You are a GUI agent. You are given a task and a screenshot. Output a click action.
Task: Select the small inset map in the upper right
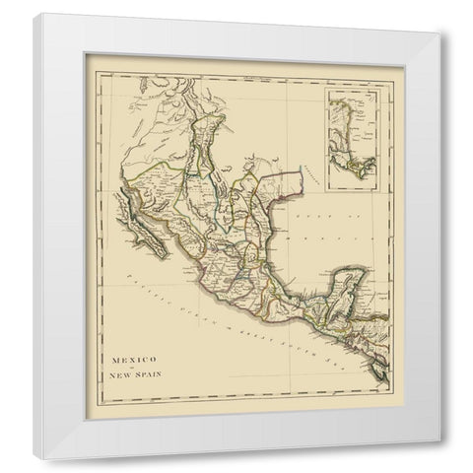coord(354,126)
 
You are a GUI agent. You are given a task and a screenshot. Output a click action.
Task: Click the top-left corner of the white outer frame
coord(36,16)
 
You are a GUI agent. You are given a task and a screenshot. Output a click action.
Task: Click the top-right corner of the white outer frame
coord(439,17)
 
